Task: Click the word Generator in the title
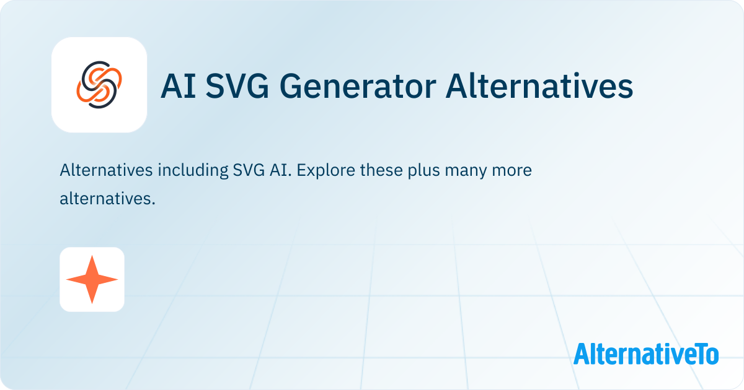(358, 86)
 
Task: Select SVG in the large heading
(237, 86)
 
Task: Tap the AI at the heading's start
(178, 86)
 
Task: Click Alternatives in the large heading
(539, 85)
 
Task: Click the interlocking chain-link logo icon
(99, 85)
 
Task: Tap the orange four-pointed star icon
(92, 280)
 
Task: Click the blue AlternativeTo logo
(646, 353)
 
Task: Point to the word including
(193, 171)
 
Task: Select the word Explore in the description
(325, 171)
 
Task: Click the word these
(381, 170)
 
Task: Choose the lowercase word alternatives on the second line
(107, 199)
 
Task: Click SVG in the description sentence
(249, 170)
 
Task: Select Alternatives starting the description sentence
(106, 170)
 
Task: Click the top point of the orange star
(92, 256)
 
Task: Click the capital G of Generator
(291, 86)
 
